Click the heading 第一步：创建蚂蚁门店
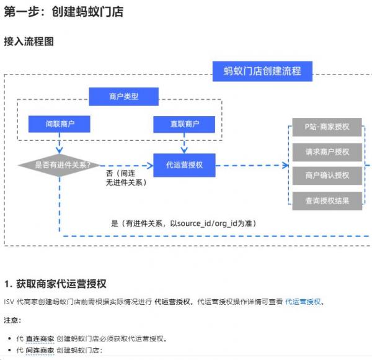(63, 12)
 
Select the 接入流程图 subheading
(29, 42)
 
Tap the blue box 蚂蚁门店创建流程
(262, 71)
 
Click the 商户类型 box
(123, 96)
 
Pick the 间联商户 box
(60, 124)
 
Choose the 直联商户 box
(184, 124)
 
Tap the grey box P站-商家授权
(327, 127)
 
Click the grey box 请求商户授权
(327, 151)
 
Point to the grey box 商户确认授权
(327, 176)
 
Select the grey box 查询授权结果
(327, 200)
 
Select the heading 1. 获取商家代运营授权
(55, 284)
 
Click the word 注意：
(12, 320)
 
